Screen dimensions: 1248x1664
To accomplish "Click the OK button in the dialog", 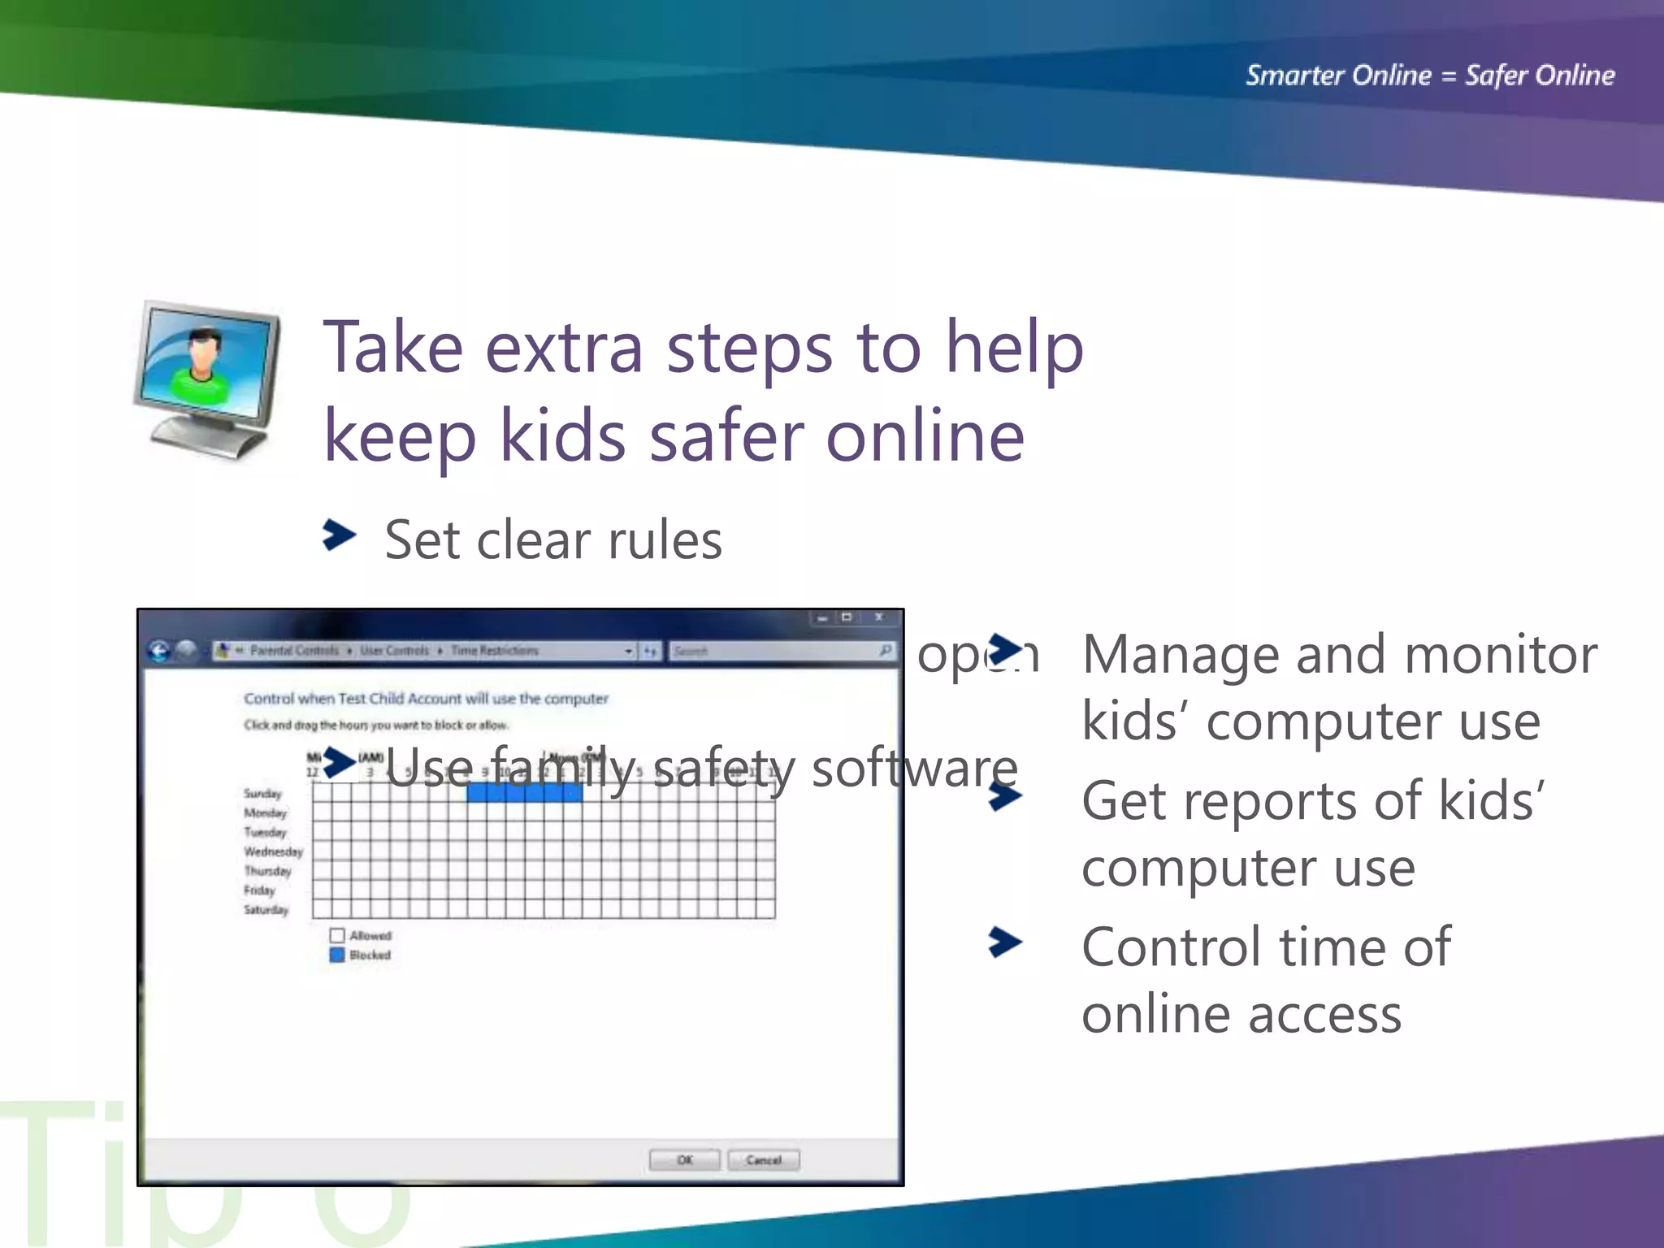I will coord(684,1159).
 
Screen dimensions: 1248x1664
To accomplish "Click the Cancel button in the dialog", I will coord(763,1159).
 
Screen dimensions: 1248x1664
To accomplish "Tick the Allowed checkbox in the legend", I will coord(337,935).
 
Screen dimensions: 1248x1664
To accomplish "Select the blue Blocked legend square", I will coord(337,955).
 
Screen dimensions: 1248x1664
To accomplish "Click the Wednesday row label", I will coord(273,851).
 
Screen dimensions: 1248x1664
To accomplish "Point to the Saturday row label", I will coord(266,910).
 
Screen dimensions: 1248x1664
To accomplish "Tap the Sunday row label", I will coord(262,793).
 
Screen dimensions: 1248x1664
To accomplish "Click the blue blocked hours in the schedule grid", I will coord(525,793).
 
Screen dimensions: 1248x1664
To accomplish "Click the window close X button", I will coord(878,617).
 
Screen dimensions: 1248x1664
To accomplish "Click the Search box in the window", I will coord(772,651).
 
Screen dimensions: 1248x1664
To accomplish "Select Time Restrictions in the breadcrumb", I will coord(494,651).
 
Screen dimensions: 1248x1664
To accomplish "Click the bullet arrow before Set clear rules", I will coord(339,535).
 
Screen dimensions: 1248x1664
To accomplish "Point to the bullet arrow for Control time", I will coord(1005,942).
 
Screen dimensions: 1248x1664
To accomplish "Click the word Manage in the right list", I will coord(1180,655).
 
